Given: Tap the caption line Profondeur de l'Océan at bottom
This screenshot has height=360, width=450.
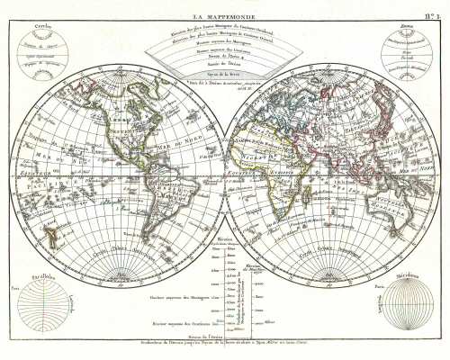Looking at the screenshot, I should (x=224, y=344).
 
